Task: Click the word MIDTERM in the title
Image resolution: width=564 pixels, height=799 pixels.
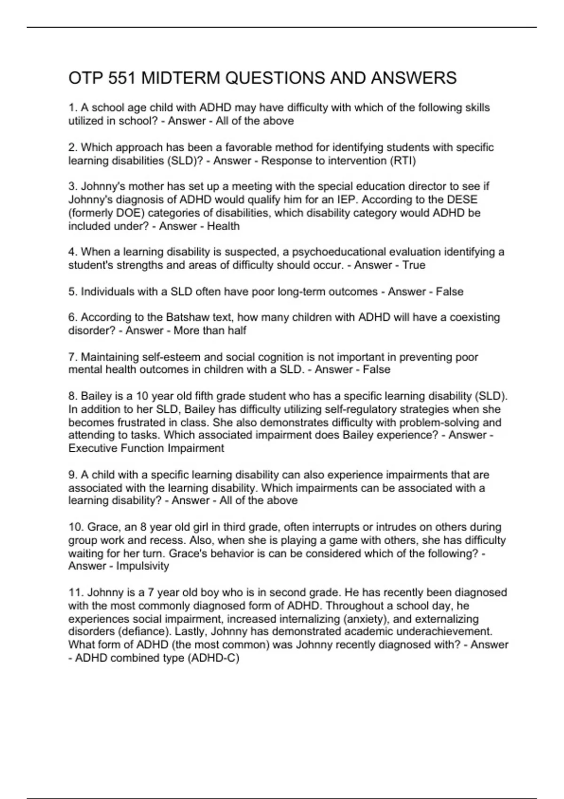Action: (x=181, y=78)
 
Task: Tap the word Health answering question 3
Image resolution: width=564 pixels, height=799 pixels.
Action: (x=223, y=226)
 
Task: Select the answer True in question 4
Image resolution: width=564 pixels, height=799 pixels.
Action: (x=414, y=265)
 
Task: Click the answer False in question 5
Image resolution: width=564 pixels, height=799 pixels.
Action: (x=449, y=291)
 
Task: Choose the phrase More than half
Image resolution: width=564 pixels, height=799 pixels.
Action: (x=210, y=330)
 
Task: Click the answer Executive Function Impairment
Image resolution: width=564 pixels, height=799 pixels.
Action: (x=146, y=448)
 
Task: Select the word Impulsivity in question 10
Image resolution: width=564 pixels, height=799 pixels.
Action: (x=142, y=566)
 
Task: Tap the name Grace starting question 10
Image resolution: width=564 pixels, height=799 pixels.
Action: (x=103, y=527)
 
